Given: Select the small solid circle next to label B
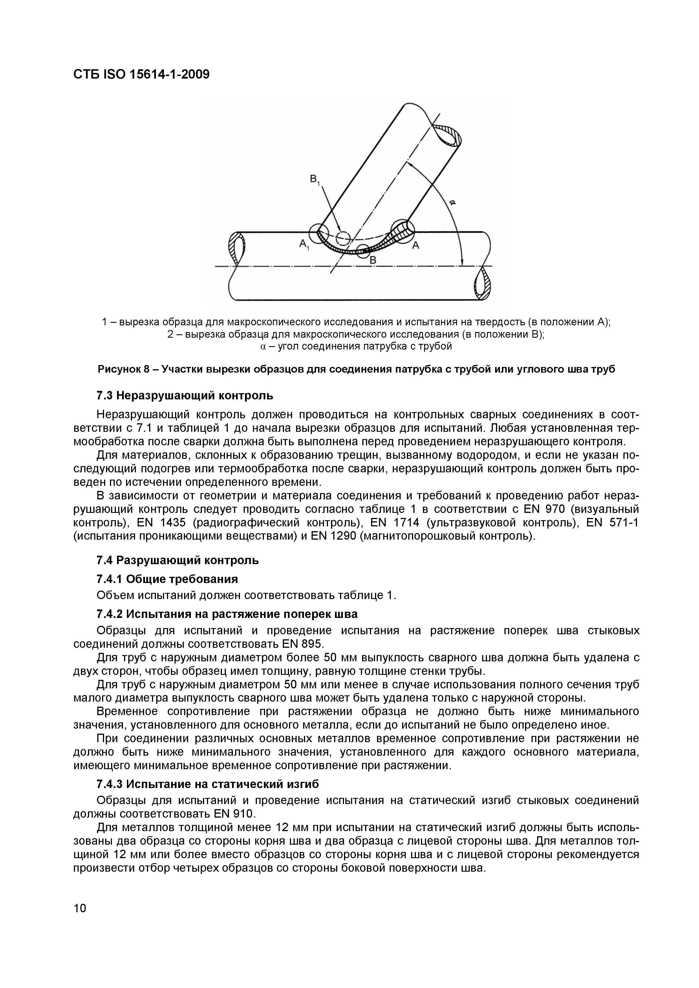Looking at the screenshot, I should [x=363, y=251].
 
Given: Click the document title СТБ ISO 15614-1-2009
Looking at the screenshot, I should [x=141, y=74].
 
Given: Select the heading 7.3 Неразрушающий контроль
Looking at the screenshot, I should [x=185, y=395].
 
